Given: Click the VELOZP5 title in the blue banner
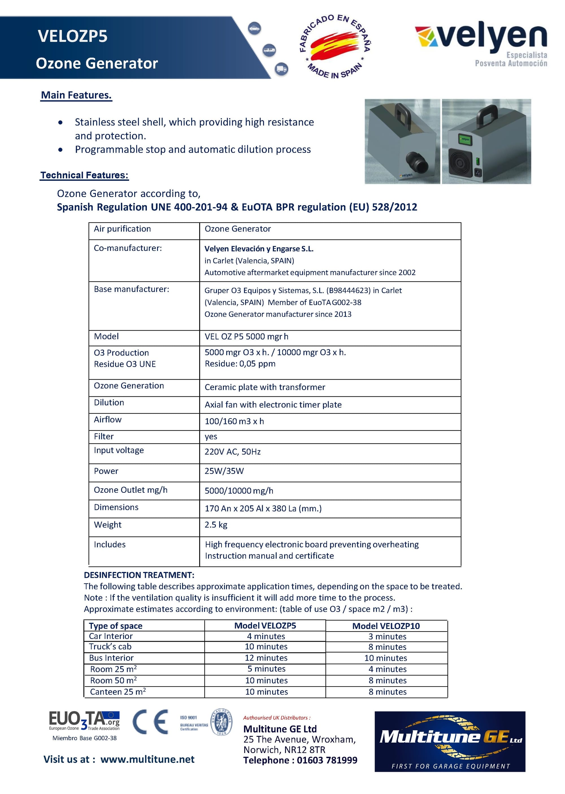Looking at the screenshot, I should [x=72, y=36].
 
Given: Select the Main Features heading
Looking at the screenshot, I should [x=76, y=95].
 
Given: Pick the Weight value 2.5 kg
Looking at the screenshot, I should [x=216, y=524].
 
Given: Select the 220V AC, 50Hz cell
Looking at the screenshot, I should [x=232, y=452].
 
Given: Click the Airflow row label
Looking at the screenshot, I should [x=108, y=420].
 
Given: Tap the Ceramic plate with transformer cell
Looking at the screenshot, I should [x=265, y=387].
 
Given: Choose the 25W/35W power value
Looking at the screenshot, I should [x=224, y=471].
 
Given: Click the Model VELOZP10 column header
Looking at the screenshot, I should [x=386, y=626].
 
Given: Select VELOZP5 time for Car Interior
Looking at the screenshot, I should [x=266, y=636].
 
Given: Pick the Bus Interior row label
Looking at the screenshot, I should [x=111, y=658].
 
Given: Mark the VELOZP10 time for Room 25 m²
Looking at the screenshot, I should [x=387, y=669].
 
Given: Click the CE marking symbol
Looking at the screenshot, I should [x=150, y=722].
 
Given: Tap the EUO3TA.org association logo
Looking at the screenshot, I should [x=84, y=720].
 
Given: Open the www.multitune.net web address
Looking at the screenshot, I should [x=147, y=759].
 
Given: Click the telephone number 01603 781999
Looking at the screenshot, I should [x=327, y=760].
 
